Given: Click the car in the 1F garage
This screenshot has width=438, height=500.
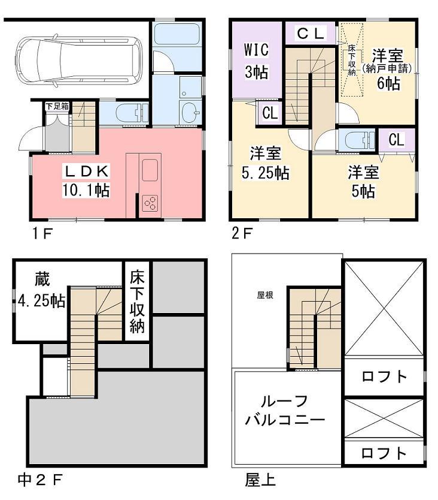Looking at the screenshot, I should pyautogui.click(x=78, y=60).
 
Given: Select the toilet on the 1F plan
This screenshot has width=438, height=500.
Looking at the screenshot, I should pyautogui.click(x=138, y=113).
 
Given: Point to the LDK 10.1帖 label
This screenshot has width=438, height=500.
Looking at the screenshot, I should pyautogui.click(x=86, y=181).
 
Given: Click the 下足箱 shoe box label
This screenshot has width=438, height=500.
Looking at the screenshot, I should pyautogui.click(x=57, y=107).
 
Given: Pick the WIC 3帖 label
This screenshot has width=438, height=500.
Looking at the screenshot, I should pyautogui.click(x=256, y=61).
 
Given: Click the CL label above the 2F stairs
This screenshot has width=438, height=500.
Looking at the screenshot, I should pyautogui.click(x=311, y=34).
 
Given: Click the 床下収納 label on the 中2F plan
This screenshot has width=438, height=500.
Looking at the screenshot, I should pyautogui.click(x=137, y=303).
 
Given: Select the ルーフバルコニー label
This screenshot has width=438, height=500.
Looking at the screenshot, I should pyautogui.click(x=285, y=410).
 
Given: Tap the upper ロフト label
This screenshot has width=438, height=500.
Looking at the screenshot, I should pyautogui.click(x=384, y=376).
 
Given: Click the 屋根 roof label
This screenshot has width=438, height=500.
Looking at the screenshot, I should pyautogui.click(x=265, y=295).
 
